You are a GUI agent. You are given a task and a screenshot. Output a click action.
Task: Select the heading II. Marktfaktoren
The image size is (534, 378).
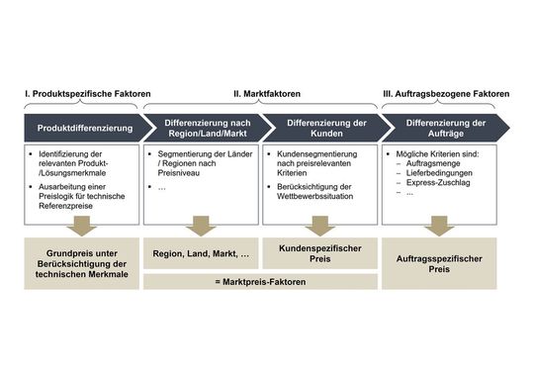(x=267, y=94)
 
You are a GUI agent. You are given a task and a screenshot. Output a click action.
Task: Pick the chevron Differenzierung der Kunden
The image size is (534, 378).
(x=321, y=129)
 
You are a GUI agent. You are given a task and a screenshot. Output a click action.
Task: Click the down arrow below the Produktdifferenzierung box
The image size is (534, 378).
(x=82, y=225)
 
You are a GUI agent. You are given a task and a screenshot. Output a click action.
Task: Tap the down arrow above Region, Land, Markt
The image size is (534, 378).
(x=201, y=225)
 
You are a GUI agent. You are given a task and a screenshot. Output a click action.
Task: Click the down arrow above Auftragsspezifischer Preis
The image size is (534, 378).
(x=438, y=225)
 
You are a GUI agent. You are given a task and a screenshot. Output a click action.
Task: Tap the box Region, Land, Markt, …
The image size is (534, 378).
(x=201, y=254)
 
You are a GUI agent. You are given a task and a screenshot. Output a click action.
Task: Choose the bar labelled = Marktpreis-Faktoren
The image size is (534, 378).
(x=261, y=281)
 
